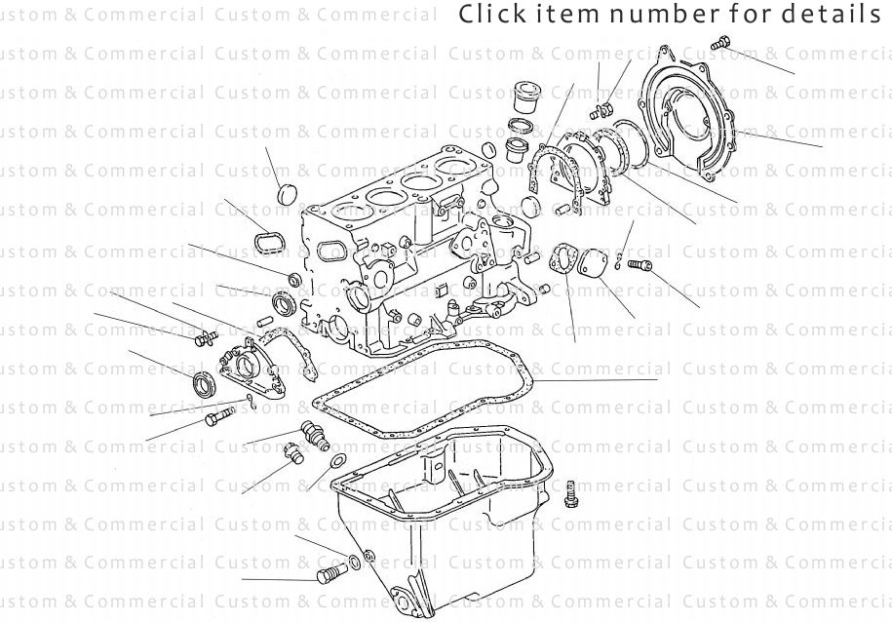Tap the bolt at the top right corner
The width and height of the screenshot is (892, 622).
click(720, 42)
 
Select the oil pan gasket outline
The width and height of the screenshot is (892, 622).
click(429, 390)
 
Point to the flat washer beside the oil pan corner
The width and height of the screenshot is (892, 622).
click(337, 460)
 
